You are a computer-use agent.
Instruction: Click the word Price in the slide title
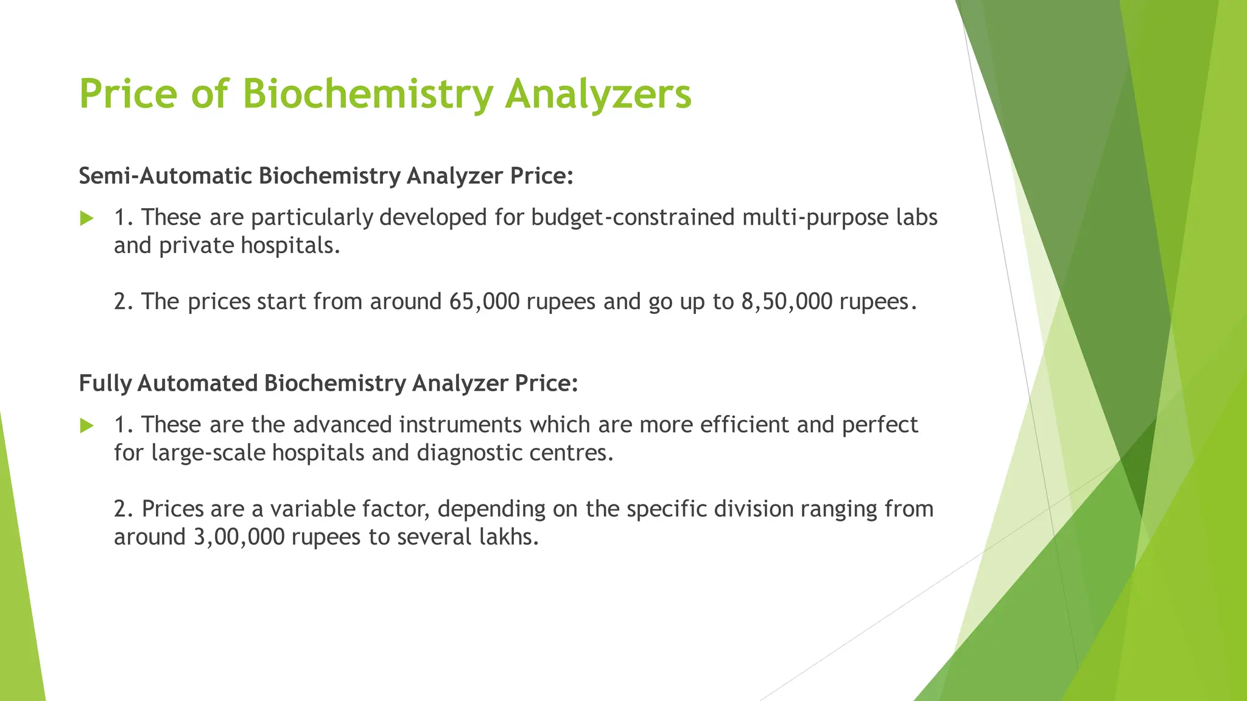pyautogui.click(x=128, y=94)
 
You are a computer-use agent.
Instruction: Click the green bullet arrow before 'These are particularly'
pyautogui.click(x=87, y=218)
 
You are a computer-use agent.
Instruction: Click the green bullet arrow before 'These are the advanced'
pyautogui.click(x=87, y=425)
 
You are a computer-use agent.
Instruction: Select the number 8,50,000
pyautogui.click(x=786, y=302)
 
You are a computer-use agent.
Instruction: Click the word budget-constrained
pyautogui.click(x=633, y=217)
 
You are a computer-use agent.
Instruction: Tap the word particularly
pyautogui.click(x=311, y=217)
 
